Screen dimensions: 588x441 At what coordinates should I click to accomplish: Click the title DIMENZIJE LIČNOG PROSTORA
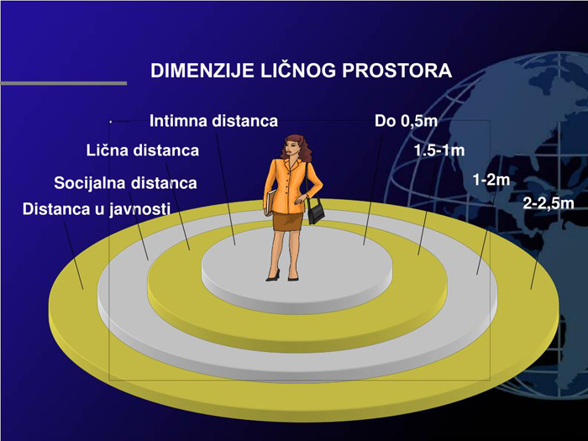tap(301, 70)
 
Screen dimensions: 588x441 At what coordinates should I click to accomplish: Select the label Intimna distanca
tap(213, 121)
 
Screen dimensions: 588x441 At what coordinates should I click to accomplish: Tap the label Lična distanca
tap(143, 150)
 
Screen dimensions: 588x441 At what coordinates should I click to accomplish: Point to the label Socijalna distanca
tap(125, 183)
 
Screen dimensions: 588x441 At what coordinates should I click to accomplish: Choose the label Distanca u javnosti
tap(97, 209)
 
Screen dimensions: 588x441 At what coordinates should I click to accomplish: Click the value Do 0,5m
tap(406, 121)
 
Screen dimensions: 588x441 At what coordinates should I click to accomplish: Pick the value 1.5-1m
tap(439, 150)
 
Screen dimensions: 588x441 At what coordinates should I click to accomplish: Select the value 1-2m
tap(491, 180)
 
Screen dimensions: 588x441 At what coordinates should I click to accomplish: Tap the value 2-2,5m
tap(549, 203)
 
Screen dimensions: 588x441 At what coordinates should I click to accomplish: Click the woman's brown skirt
tap(287, 221)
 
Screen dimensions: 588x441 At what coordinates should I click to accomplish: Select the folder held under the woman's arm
tap(270, 202)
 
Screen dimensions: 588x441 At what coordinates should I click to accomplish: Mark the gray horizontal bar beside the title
tap(63, 83)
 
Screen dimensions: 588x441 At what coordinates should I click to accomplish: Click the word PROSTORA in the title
tap(396, 71)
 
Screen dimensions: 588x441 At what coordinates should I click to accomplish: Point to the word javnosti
tap(140, 209)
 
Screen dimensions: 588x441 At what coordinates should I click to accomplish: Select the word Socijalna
tap(90, 183)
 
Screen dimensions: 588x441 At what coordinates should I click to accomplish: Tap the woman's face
tap(291, 147)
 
